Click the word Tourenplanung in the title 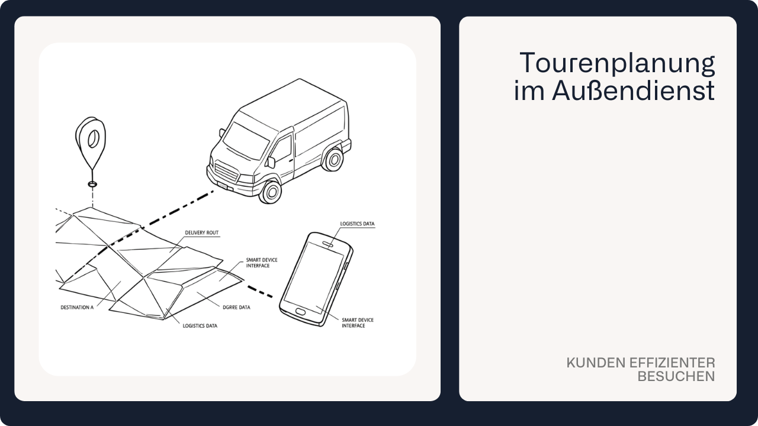pos(617,63)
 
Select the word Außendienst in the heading pos(634,91)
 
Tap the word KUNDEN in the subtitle pos(596,363)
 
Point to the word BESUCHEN pos(676,376)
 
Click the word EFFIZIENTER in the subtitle pos(672,363)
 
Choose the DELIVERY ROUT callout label pos(202,233)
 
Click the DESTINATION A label pos(77,307)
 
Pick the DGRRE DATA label pos(236,307)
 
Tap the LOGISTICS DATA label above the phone pos(357,224)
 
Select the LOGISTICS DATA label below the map pos(200,326)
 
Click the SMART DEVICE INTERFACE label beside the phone pos(357,322)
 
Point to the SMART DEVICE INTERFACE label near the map pos(262,263)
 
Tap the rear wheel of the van pos(333,159)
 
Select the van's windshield pos(246,141)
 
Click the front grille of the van pos(226,172)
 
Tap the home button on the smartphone pos(300,311)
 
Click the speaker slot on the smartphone pos(328,244)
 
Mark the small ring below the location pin pos(92,184)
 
